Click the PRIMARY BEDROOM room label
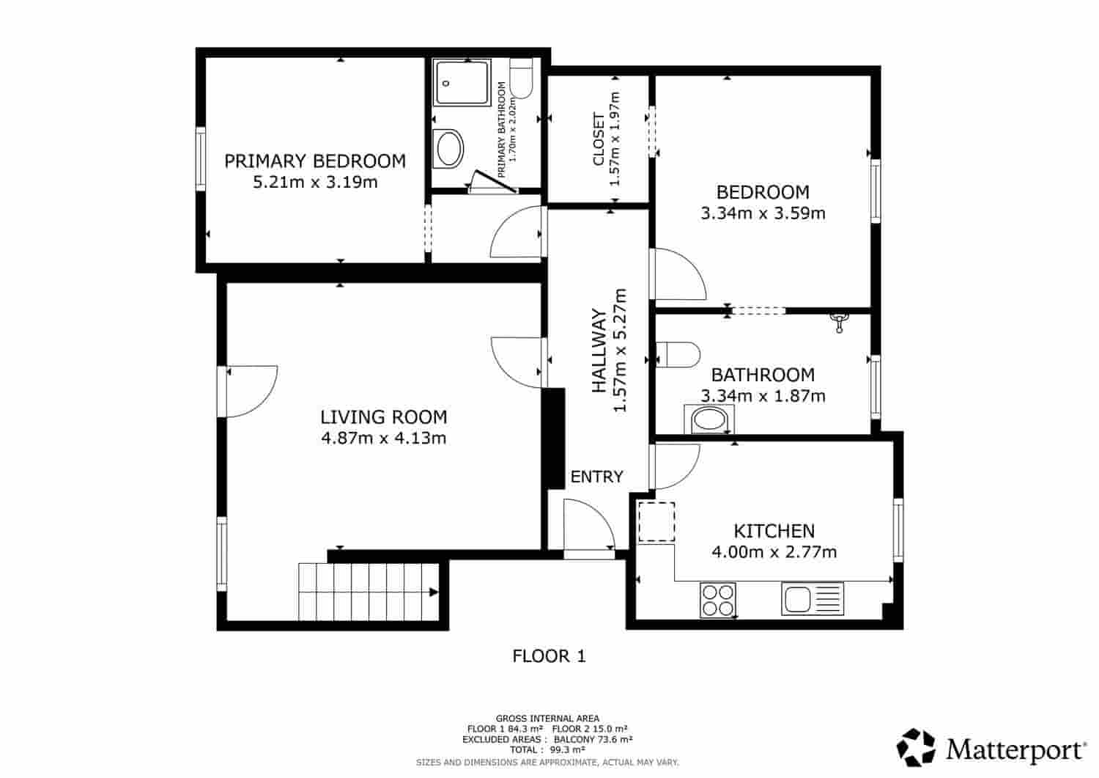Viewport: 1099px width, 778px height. point(315,161)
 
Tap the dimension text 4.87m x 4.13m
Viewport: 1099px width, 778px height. point(384,438)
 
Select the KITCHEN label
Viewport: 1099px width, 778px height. point(774,531)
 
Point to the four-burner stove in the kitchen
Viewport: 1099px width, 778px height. point(718,600)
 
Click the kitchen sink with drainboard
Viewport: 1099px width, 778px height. point(813,599)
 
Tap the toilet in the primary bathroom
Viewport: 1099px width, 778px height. point(520,78)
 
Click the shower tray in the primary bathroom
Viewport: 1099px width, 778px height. point(462,82)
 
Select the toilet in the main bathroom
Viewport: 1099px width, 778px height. point(678,354)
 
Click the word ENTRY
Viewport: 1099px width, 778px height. point(596,477)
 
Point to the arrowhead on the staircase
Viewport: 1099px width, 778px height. point(434,592)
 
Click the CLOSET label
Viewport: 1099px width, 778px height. point(599,139)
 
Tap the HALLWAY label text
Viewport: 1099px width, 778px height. point(599,351)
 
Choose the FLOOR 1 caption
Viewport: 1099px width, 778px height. point(549,656)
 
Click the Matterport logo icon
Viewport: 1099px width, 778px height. point(916,747)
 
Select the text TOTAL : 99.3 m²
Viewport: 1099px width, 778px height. point(547,750)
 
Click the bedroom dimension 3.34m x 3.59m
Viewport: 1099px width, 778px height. point(763,213)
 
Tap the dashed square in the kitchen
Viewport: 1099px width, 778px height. point(656,521)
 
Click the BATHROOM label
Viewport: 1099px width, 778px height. point(763,375)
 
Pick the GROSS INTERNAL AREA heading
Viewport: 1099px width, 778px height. point(547,719)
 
